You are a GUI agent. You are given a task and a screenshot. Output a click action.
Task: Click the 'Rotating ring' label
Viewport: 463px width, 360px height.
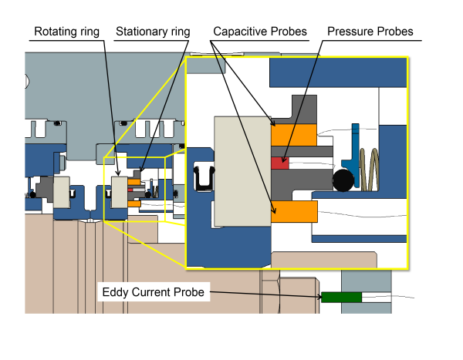pyautogui.click(x=68, y=32)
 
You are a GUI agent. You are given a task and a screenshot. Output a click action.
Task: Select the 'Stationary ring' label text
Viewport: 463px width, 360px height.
pyautogui.click(x=153, y=32)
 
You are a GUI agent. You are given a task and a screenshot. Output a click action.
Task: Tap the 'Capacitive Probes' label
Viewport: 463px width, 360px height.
pyautogui.click(x=260, y=32)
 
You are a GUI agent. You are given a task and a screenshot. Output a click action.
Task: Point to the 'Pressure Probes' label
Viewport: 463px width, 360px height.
pyautogui.click(x=370, y=32)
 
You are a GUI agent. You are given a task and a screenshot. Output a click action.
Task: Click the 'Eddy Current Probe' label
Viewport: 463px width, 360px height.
pyautogui.click(x=153, y=292)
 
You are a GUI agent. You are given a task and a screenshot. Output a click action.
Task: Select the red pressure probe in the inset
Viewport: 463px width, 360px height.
pyautogui.click(x=279, y=163)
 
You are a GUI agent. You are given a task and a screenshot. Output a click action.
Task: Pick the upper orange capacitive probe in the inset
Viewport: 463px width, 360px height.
pyautogui.click(x=293, y=135)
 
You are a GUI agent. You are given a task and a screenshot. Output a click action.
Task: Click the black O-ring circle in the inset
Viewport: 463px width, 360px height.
pyautogui.click(x=343, y=180)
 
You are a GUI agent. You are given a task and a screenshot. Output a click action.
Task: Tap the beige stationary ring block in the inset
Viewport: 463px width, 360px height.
pyautogui.click(x=242, y=170)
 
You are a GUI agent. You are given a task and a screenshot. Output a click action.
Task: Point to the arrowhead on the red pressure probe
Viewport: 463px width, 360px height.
pyautogui.click(x=282, y=160)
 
